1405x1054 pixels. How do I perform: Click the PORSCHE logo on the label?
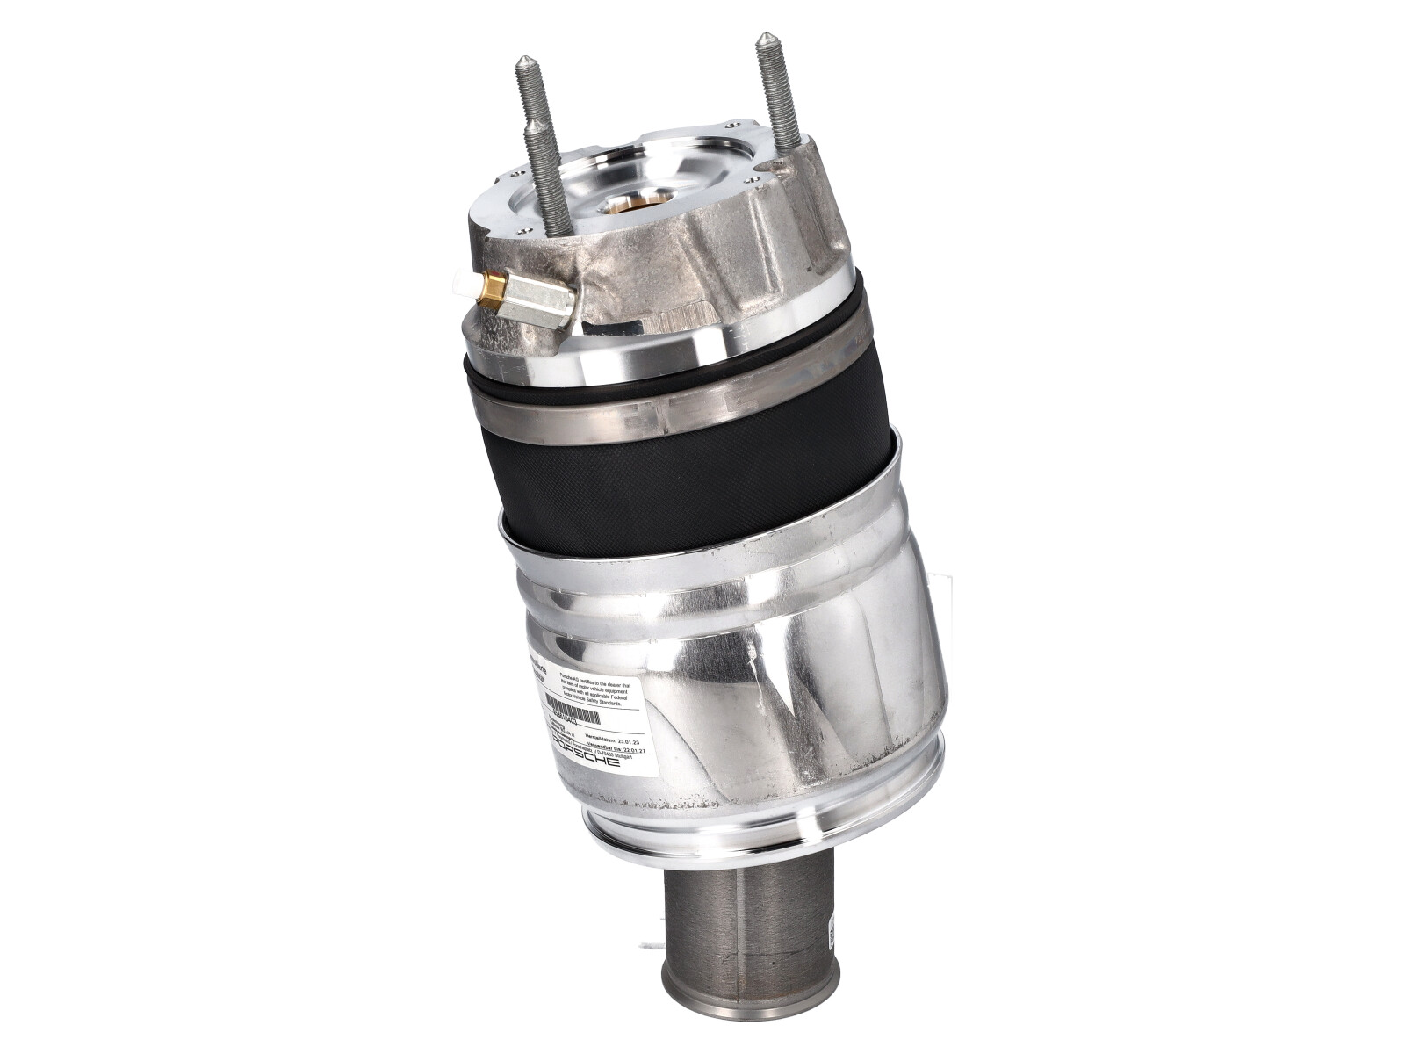(x=586, y=752)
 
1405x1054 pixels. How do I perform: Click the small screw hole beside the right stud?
(x=753, y=179)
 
